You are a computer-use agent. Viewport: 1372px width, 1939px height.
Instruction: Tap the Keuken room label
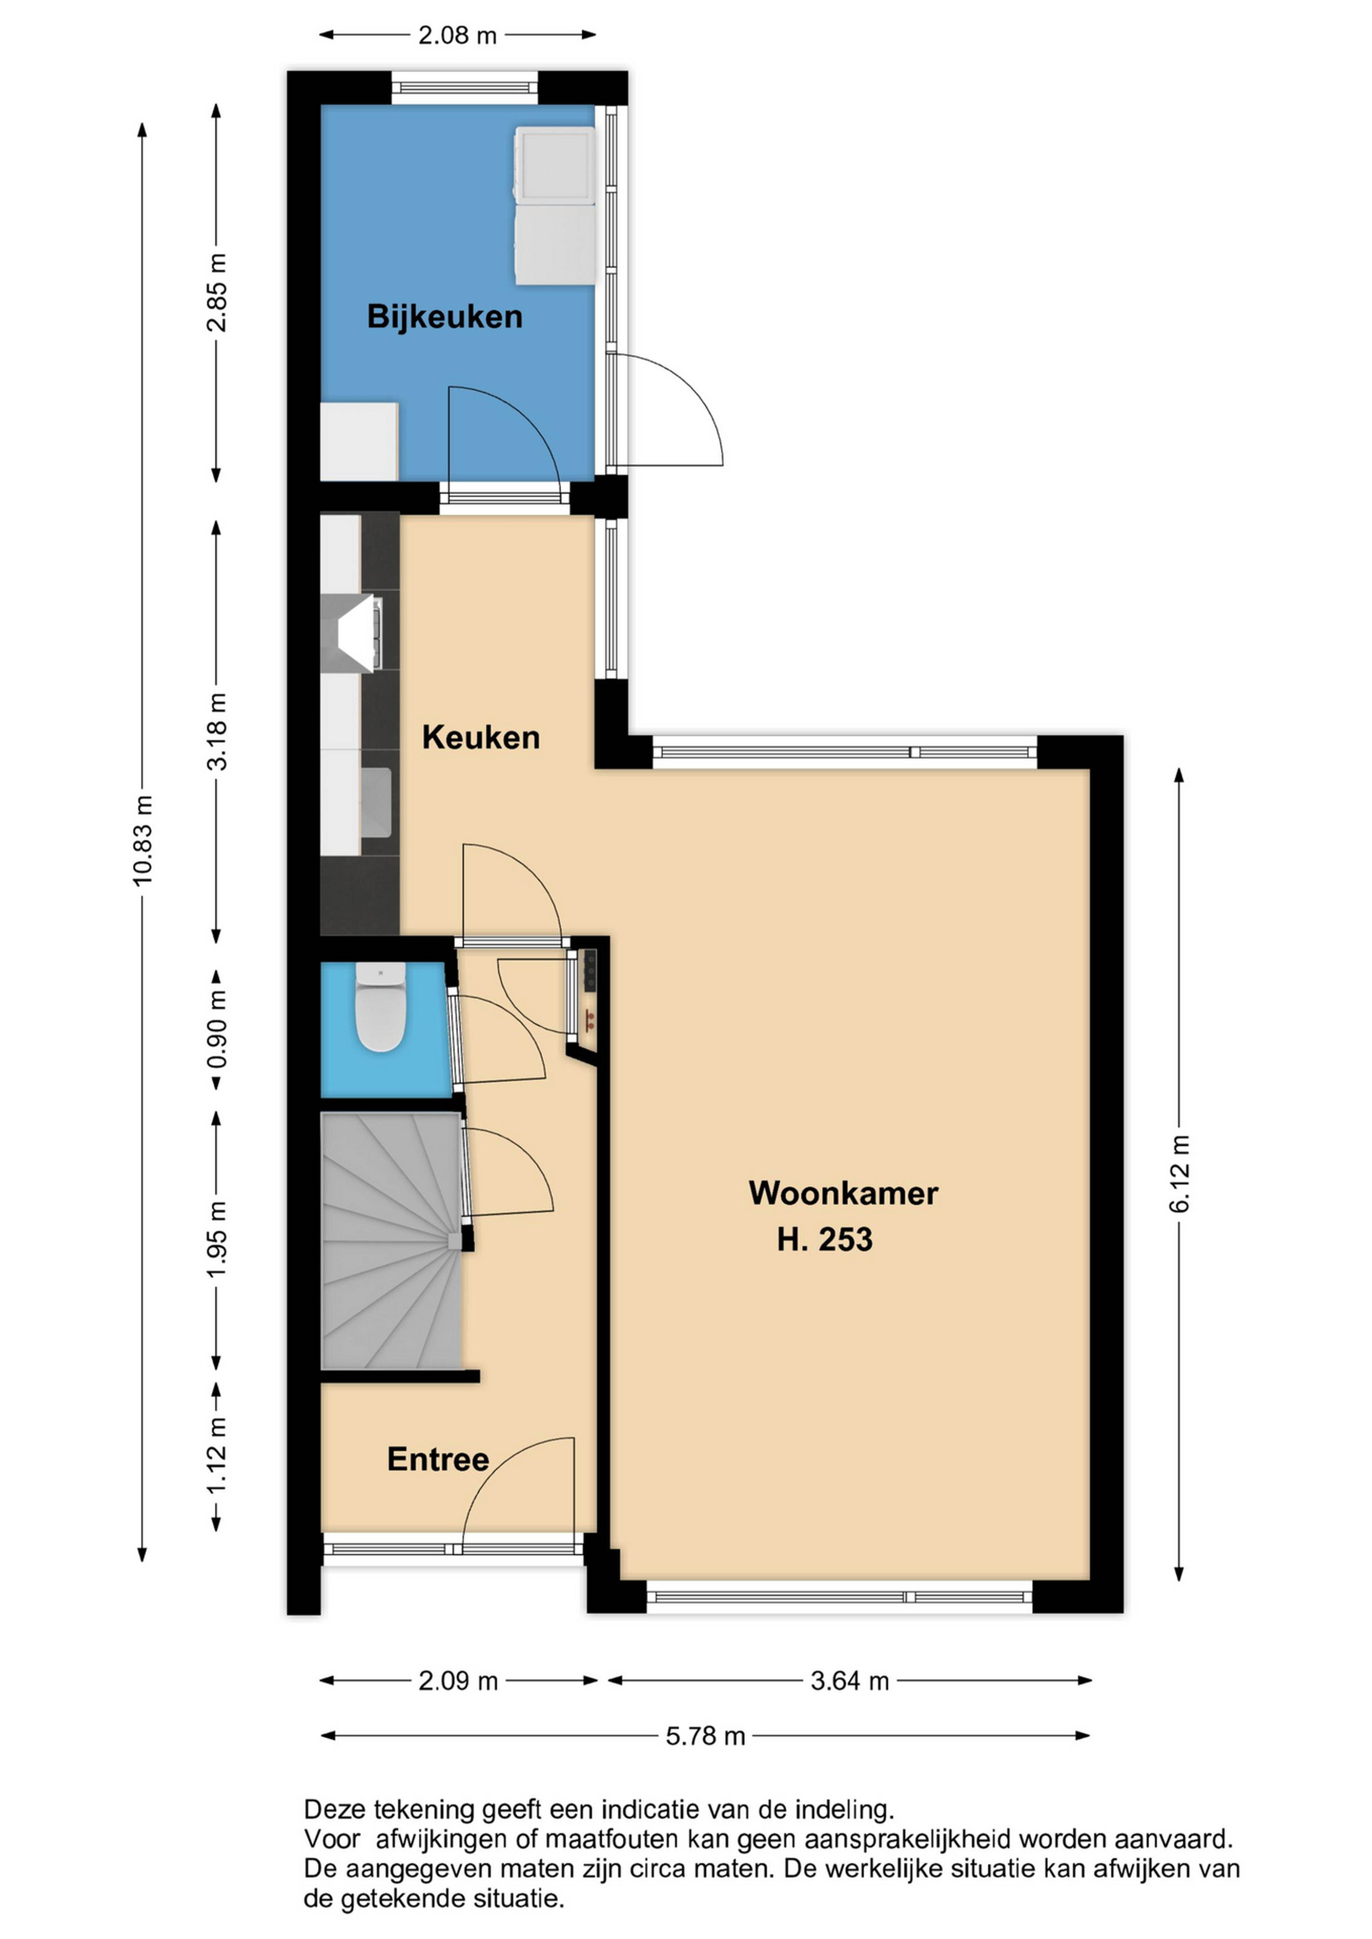(x=481, y=737)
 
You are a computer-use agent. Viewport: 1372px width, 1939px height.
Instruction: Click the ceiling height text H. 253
(x=825, y=1240)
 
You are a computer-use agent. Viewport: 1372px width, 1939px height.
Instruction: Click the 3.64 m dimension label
(x=850, y=1680)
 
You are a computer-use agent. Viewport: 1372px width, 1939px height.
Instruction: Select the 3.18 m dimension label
(x=217, y=731)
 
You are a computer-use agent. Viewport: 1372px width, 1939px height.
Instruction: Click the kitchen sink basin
(x=376, y=802)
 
